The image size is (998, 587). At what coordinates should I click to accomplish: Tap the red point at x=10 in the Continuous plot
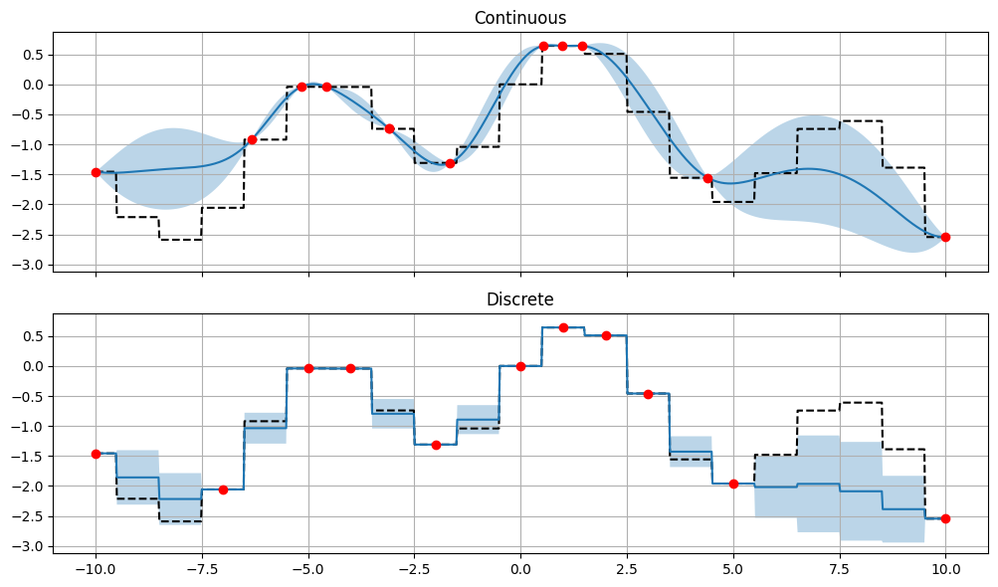(945, 237)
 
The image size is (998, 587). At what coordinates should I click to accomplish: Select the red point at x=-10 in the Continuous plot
(96, 172)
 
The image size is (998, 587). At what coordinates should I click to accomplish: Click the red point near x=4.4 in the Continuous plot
(707, 178)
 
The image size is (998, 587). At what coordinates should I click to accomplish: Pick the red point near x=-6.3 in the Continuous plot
(252, 139)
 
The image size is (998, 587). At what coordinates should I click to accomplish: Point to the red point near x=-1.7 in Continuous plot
(450, 163)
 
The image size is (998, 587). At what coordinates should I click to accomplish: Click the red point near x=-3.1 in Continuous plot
(389, 128)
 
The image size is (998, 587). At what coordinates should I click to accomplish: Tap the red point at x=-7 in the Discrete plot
(223, 489)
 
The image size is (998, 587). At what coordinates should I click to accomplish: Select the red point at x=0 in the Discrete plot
(520, 366)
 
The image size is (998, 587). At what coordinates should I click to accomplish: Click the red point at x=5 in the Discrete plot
(733, 484)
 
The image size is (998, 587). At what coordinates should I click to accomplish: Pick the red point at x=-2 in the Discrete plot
(436, 445)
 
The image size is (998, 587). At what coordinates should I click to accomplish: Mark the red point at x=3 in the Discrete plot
(648, 394)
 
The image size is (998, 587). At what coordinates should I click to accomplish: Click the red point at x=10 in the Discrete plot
(945, 518)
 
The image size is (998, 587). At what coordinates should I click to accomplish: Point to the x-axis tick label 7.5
(840, 571)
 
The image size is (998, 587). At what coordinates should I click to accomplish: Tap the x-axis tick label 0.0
(520, 571)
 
